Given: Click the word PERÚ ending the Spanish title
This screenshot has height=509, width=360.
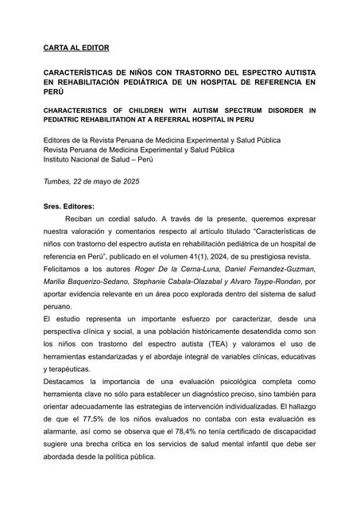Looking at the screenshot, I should point(53,92).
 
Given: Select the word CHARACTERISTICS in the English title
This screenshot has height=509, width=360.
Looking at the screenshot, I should point(81,109).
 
